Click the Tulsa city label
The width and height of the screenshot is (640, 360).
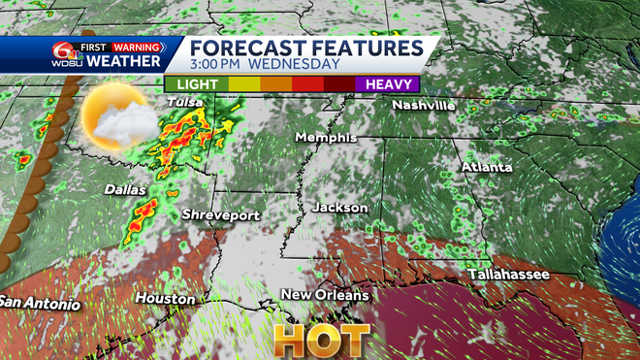coord(185,102)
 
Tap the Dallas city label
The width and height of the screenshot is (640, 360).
coord(124,190)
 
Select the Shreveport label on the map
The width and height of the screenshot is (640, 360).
coord(214,214)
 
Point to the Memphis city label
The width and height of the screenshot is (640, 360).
coord(328,138)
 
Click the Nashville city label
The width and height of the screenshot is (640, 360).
coord(424,105)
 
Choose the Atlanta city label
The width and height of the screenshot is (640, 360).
coord(487,168)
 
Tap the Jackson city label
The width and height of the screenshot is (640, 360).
coord(340,208)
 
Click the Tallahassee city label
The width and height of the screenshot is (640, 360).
coord(509,275)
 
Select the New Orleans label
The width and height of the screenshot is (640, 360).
coord(325,294)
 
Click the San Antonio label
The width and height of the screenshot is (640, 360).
coord(39,303)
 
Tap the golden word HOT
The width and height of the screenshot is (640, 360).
coord(322,339)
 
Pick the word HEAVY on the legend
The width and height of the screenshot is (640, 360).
coord(387,84)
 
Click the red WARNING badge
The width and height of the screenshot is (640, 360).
coord(137,46)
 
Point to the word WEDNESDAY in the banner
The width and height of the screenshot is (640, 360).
coord(294,64)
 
